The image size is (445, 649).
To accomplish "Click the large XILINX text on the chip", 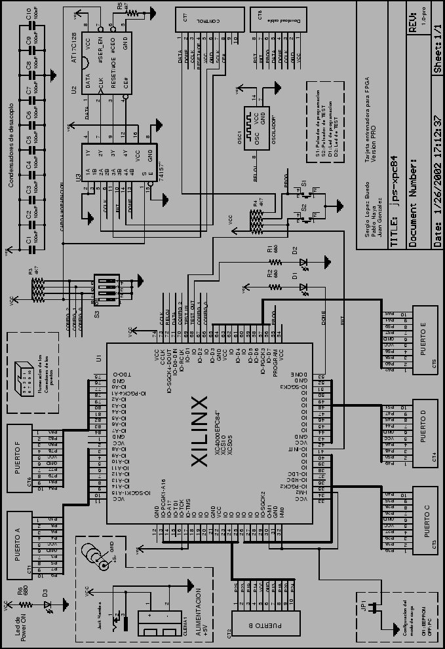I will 200,431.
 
